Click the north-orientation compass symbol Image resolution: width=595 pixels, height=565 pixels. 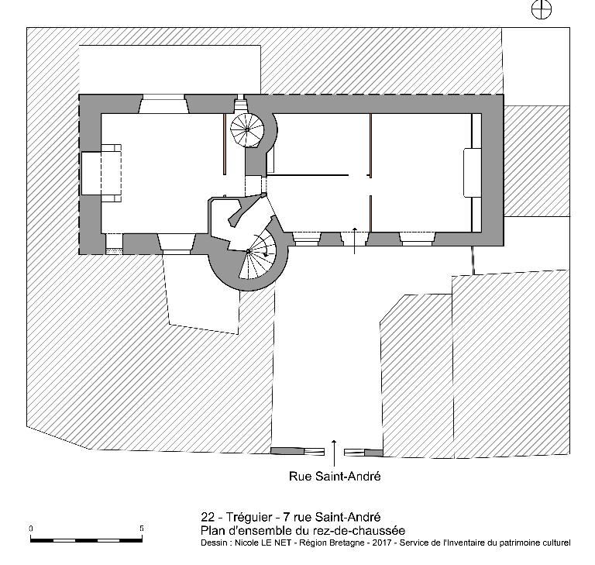[541, 9]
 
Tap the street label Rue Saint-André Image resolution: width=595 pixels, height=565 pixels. [335, 476]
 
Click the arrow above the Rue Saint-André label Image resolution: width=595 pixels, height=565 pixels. [334, 453]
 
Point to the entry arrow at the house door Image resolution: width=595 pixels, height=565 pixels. [354, 240]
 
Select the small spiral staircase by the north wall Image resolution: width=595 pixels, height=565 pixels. [247, 130]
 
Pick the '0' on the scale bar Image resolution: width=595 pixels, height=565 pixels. [31, 529]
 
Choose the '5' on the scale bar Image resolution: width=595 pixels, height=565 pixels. [142, 529]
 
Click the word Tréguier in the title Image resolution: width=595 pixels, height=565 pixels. [249, 517]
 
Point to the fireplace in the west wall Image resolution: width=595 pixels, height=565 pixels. [101, 173]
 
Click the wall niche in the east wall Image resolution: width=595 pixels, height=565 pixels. [473, 173]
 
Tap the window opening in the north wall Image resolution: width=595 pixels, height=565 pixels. [163, 104]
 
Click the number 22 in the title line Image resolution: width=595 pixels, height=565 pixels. [208, 517]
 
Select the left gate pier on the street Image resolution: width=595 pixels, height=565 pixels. [297, 451]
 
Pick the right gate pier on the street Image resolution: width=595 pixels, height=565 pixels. [363, 453]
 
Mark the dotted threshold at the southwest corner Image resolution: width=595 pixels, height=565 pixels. [114, 251]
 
